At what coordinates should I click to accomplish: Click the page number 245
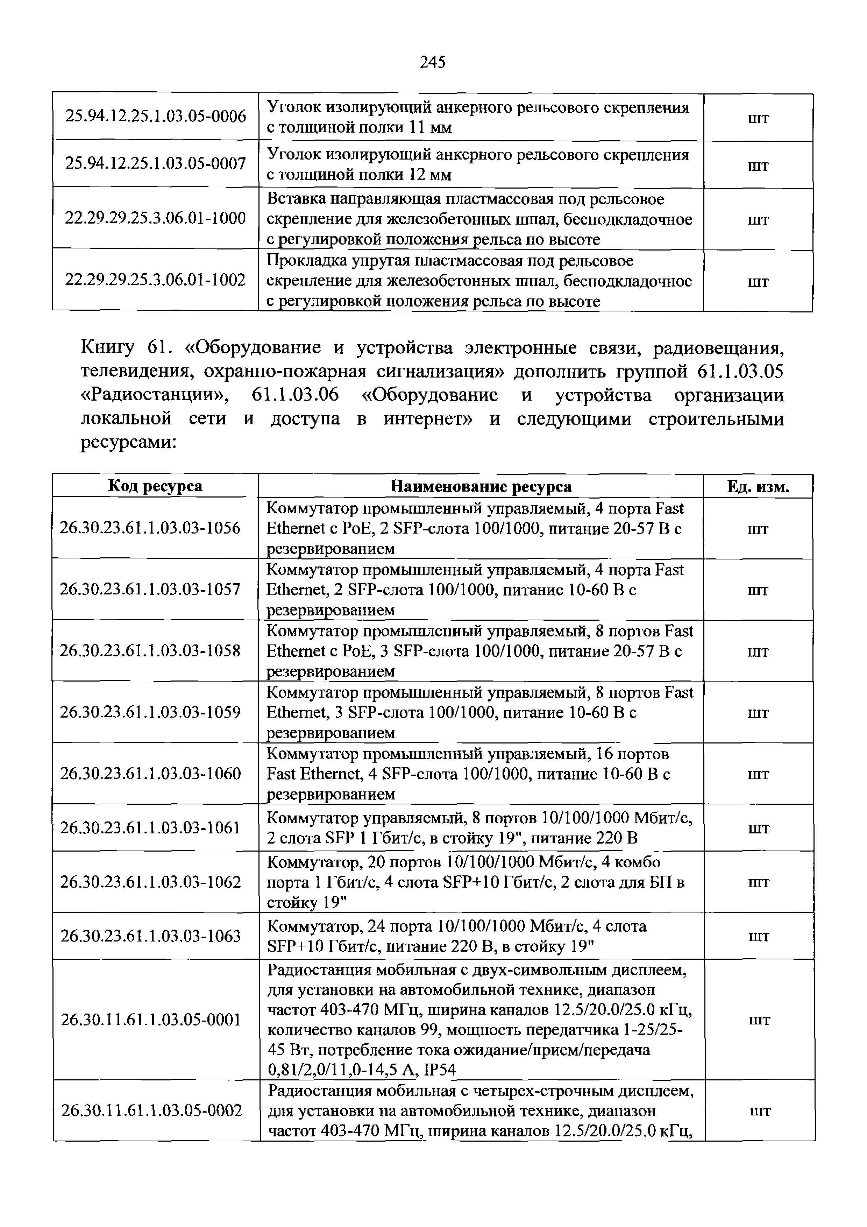pyautogui.click(x=433, y=63)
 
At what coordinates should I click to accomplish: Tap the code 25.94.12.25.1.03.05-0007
pyautogui.click(x=155, y=163)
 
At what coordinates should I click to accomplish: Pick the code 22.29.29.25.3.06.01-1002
pyautogui.click(x=155, y=280)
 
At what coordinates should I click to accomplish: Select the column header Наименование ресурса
pyautogui.click(x=481, y=486)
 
